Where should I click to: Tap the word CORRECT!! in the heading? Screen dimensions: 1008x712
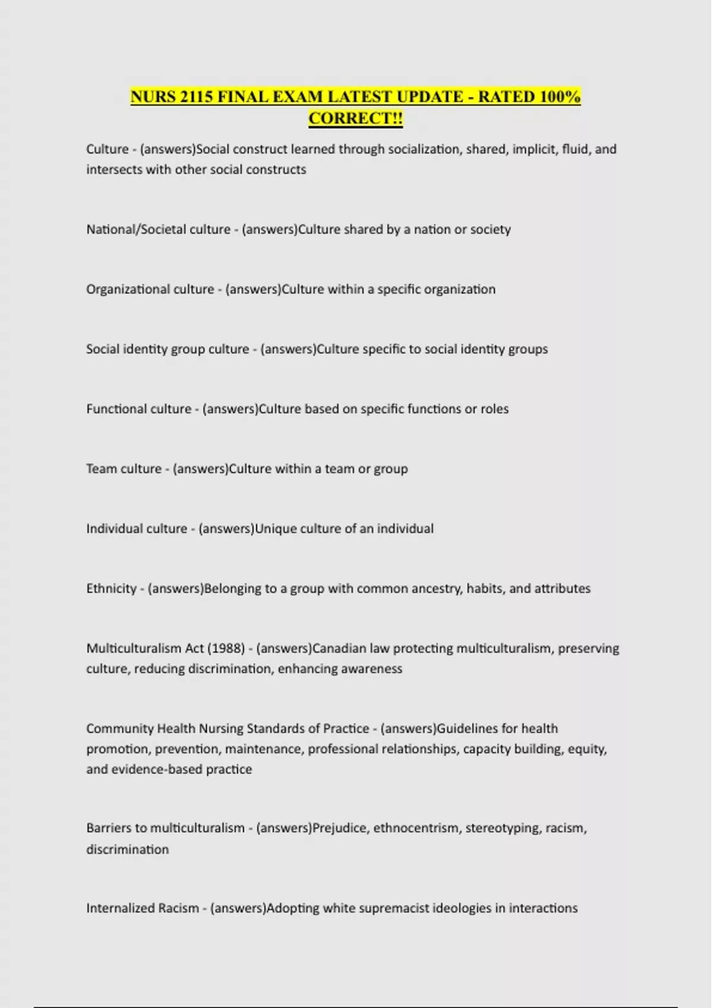(355, 119)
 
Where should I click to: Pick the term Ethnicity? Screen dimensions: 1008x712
(112, 589)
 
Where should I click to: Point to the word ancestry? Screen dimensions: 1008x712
(432, 589)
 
